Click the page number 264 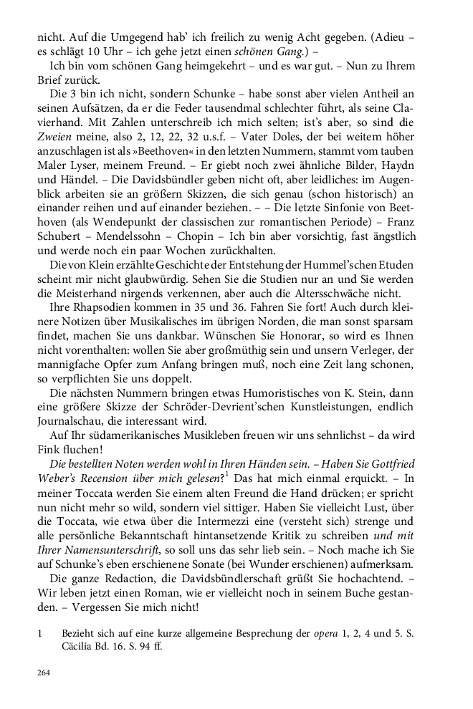tap(44, 674)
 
